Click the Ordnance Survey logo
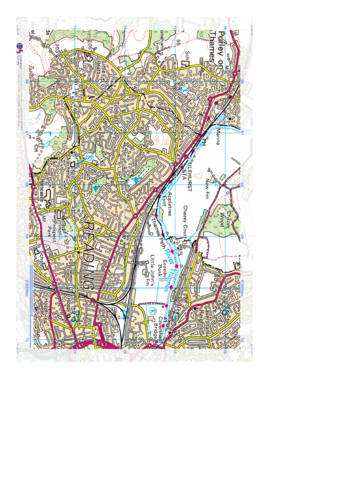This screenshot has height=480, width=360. pos(20,46)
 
